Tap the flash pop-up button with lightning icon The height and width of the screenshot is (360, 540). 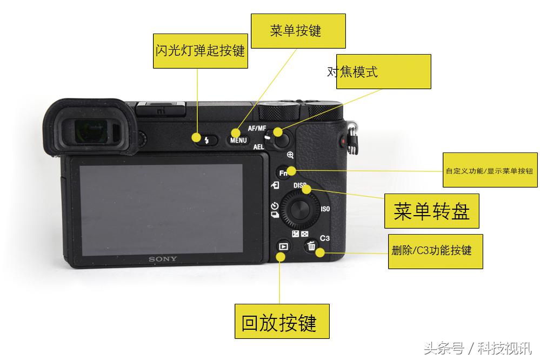pyautogui.click(x=206, y=141)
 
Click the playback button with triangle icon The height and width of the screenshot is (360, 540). pyautogui.click(x=282, y=246)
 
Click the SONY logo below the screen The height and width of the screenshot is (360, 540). pyautogui.click(x=163, y=259)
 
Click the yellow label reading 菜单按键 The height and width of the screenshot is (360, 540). pyautogui.click(x=298, y=31)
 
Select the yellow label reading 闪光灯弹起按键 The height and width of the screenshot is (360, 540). pyautogui.click(x=201, y=51)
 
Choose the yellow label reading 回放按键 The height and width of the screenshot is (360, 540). pyautogui.click(x=282, y=321)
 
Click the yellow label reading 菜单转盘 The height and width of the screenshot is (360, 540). pyautogui.click(x=431, y=211)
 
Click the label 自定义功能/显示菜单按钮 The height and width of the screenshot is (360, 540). pyautogui.click(x=489, y=170)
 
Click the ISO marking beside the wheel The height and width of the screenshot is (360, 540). pyautogui.click(x=325, y=209)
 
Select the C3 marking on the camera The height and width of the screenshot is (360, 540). pyautogui.click(x=325, y=238)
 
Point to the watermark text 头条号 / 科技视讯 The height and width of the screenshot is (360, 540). pyautogui.click(x=478, y=348)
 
